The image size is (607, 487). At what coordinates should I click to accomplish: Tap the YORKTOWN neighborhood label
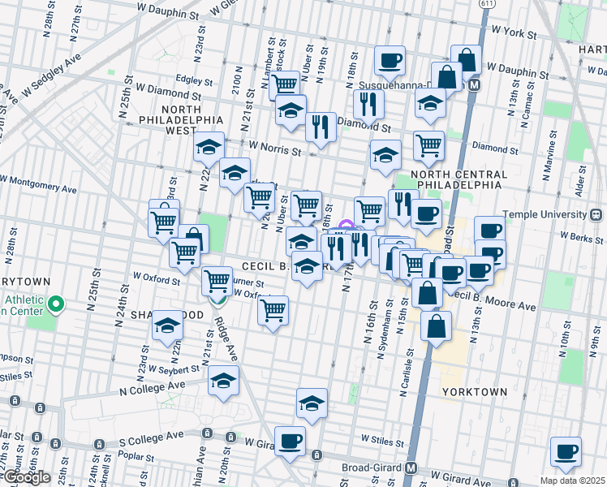(x=475, y=391)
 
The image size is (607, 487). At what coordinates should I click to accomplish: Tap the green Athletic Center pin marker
(x=55, y=305)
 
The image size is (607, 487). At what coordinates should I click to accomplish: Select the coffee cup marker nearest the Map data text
(x=566, y=452)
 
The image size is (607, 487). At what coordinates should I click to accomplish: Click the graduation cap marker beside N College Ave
(x=223, y=381)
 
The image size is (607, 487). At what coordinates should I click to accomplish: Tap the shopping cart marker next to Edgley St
(x=285, y=84)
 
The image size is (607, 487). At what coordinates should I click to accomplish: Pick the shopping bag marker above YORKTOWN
(x=436, y=326)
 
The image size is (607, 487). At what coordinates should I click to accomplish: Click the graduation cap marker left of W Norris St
(x=209, y=148)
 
